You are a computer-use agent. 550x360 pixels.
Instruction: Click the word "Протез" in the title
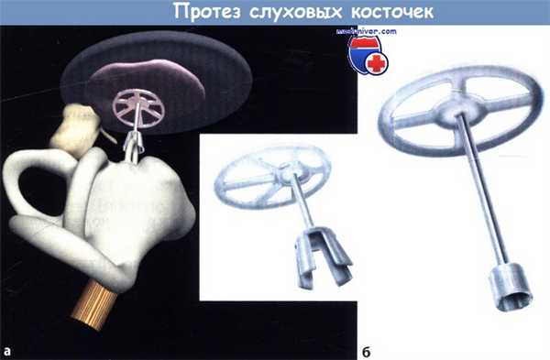[199, 13]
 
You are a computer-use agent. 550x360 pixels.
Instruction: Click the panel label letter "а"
[8, 349]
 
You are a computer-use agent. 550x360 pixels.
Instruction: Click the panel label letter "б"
[364, 349]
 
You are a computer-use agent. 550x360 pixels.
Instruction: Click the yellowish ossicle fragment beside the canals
[74, 127]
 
